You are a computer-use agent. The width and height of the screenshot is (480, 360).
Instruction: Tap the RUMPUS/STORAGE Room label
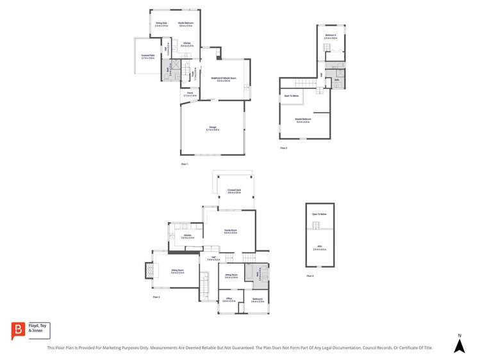click(x=224, y=80)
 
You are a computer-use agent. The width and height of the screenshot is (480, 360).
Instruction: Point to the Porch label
click(x=190, y=94)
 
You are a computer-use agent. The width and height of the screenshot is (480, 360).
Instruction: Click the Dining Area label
click(x=161, y=24)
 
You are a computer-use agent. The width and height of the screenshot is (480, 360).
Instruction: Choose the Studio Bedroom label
click(x=186, y=24)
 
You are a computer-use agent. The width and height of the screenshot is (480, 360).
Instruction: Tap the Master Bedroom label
click(x=302, y=120)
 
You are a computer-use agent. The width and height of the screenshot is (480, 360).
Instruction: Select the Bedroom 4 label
click(x=331, y=36)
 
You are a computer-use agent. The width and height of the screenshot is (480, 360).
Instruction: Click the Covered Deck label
click(x=234, y=191)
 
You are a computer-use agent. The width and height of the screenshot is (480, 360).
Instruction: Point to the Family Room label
click(x=231, y=232)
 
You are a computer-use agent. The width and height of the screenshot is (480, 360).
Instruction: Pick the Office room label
click(x=229, y=299)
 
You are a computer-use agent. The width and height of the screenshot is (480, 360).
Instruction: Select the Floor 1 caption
click(x=185, y=165)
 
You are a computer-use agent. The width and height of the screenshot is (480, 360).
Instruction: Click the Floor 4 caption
click(x=310, y=276)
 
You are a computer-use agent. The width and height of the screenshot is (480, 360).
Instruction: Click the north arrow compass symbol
click(x=459, y=344)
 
